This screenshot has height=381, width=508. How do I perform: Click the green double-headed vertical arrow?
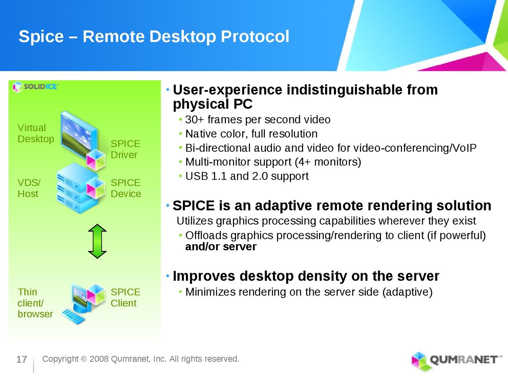tap(97, 241)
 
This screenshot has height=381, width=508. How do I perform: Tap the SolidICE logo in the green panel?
tap(36, 87)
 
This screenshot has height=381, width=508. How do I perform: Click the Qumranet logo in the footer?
tap(457, 361)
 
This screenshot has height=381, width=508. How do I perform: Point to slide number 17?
tap(22, 359)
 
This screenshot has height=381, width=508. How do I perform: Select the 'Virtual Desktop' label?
tap(36, 133)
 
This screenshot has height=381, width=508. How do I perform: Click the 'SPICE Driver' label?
tap(125, 149)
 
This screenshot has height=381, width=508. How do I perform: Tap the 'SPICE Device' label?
tap(126, 188)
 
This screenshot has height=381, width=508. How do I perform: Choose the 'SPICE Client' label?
tap(125, 297)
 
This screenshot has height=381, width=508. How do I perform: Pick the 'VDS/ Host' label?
tap(29, 188)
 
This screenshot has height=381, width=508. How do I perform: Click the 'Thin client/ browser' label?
tap(35, 303)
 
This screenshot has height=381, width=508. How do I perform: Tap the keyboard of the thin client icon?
tap(73, 317)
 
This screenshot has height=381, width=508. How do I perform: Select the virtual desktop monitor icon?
tap(79, 137)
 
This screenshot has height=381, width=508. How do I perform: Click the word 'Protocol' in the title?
tap(255, 37)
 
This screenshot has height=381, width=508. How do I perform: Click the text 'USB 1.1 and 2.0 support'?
tap(247, 176)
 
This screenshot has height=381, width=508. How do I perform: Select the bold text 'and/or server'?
tap(221, 247)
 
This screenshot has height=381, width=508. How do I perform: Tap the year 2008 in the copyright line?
tap(99, 359)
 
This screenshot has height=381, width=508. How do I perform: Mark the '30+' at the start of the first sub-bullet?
tap(194, 120)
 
